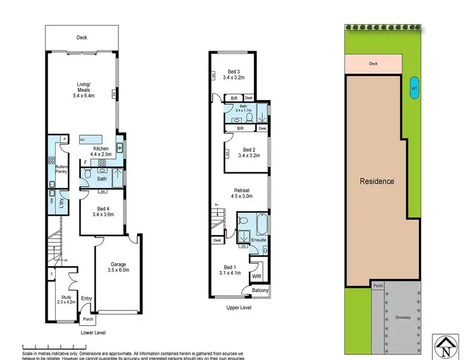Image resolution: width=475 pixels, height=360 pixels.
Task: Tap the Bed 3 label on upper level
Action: point(234,75)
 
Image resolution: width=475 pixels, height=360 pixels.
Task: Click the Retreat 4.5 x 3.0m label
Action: point(241,193)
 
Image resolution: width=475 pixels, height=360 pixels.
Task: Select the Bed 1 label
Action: point(233,271)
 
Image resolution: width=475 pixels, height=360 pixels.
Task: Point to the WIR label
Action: point(256,277)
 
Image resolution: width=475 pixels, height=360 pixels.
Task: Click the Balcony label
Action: point(260,290)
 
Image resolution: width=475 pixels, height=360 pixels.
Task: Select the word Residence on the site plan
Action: point(377,181)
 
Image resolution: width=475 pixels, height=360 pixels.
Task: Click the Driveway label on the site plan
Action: point(402,317)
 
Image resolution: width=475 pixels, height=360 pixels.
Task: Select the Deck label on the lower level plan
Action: point(82,37)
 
